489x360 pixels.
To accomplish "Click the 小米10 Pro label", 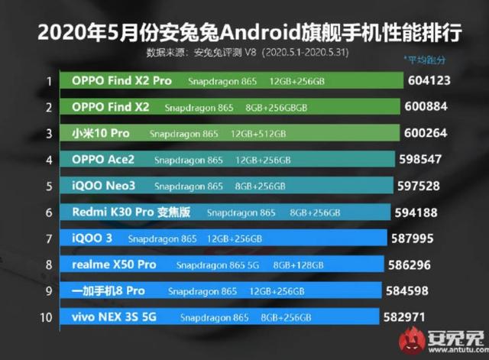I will [x=100, y=134].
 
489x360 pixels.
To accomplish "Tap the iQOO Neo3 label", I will [x=105, y=186].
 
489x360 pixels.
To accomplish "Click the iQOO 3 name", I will [x=92, y=238].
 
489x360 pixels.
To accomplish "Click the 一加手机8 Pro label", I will [x=108, y=291].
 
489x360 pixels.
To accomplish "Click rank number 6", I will [x=48, y=212].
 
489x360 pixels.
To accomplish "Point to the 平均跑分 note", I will [x=425, y=60].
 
